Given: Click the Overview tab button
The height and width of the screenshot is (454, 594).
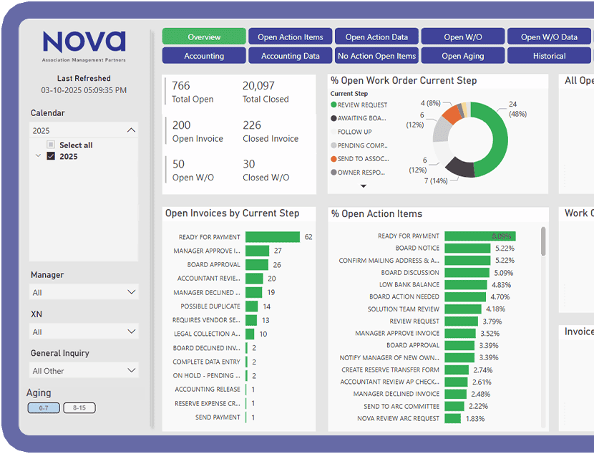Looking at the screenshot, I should click(x=204, y=37).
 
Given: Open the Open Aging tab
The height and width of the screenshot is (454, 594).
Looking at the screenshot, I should click(x=462, y=56).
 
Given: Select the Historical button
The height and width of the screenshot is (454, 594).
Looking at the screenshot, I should click(x=549, y=56).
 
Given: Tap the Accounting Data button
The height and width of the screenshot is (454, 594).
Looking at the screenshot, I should click(x=290, y=56).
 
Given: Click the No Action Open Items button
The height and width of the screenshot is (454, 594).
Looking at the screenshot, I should click(x=376, y=56).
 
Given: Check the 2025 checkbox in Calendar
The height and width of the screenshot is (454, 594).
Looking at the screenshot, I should click(x=51, y=157).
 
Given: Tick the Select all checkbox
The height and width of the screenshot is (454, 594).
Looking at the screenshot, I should click(x=51, y=145).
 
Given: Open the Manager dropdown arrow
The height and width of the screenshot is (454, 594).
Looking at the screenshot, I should click(x=131, y=292).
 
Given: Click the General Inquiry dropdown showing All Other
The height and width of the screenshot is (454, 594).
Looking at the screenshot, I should click(x=84, y=371).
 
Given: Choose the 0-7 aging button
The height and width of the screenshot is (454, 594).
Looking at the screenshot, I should click(x=44, y=408).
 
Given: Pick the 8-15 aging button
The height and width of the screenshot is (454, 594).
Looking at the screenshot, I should click(x=79, y=408).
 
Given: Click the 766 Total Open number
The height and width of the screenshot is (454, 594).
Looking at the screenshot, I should click(x=181, y=86).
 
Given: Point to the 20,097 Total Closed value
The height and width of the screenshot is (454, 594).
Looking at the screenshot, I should click(x=258, y=86).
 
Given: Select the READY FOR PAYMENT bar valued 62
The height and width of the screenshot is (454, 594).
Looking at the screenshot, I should click(x=272, y=237).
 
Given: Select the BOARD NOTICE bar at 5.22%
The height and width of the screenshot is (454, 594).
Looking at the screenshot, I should click(x=467, y=248).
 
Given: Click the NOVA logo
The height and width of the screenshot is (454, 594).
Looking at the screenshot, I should click(x=84, y=43).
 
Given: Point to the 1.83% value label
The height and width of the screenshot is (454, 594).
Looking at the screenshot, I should click(x=474, y=419).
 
